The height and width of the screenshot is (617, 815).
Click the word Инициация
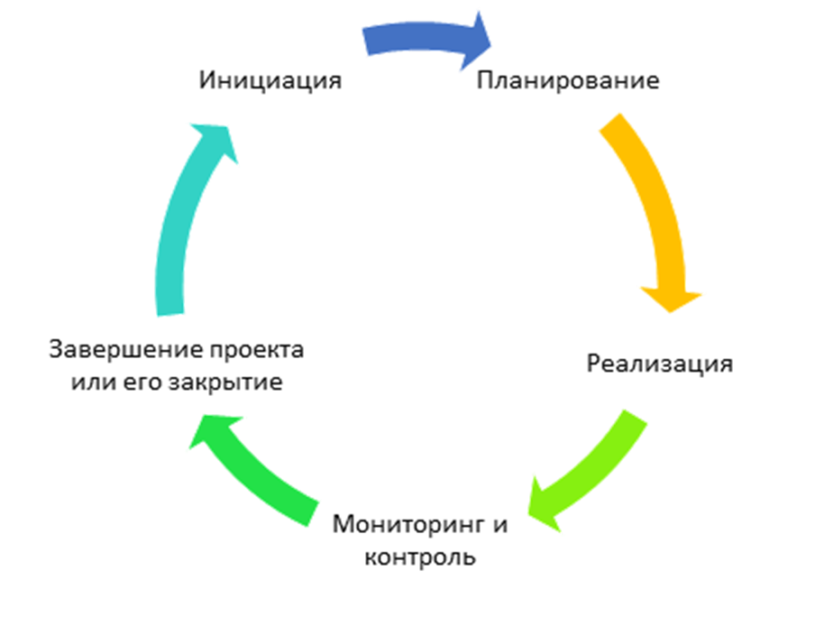click(270, 80)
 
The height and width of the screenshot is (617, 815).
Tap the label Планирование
click(569, 81)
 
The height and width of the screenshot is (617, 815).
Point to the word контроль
click(420, 557)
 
